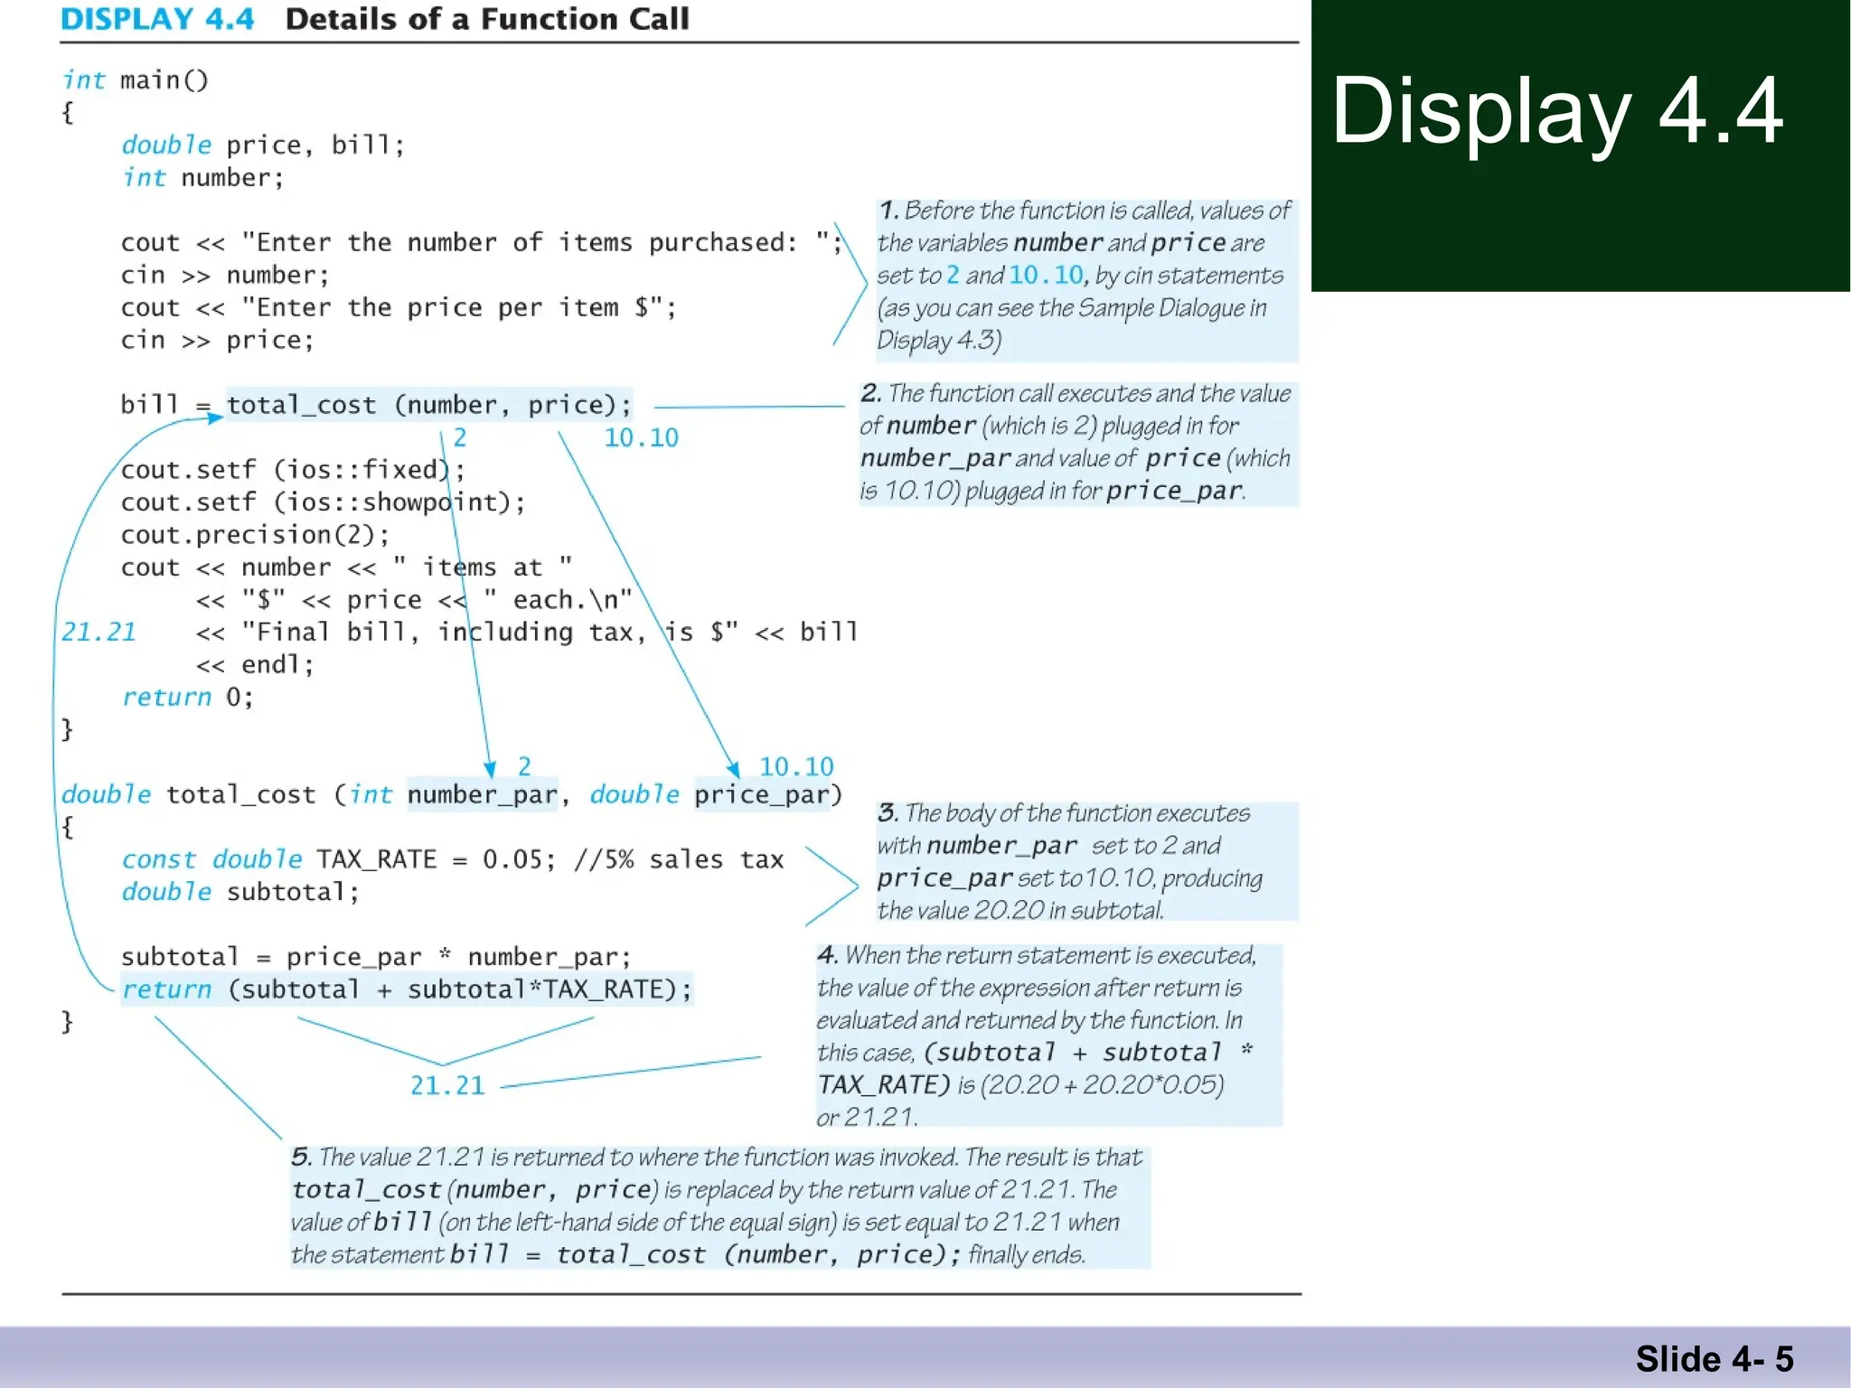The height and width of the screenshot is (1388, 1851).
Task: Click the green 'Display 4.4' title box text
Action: (1556, 112)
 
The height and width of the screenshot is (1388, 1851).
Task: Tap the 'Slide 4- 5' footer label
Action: (1714, 1358)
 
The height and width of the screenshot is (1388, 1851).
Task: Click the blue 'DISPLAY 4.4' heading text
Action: (157, 19)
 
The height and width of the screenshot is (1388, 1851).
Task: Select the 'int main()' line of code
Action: (136, 80)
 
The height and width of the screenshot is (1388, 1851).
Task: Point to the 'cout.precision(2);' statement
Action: (255, 535)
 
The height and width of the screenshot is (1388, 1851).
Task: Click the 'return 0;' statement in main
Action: (188, 697)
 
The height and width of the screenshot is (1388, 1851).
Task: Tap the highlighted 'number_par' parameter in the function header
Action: (482, 794)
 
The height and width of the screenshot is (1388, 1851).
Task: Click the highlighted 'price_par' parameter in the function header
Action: (762, 794)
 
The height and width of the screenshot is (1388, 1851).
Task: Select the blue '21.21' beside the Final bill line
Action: (99, 632)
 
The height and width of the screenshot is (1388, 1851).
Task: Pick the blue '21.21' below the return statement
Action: (447, 1085)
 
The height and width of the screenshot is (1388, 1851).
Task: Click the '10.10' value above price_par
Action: (795, 766)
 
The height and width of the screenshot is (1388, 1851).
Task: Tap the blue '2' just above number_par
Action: (524, 766)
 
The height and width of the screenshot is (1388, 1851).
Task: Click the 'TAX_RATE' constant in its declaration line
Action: (376, 859)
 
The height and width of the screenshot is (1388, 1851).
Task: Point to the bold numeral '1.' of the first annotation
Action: (888, 211)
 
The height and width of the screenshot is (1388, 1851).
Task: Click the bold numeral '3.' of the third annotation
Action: (888, 812)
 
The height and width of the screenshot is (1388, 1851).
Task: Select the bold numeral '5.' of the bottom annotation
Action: (301, 1157)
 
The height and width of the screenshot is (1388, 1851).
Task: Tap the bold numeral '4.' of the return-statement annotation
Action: (827, 955)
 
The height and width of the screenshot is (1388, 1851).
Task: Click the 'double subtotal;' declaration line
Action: (240, 892)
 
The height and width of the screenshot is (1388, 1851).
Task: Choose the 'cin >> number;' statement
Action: (225, 275)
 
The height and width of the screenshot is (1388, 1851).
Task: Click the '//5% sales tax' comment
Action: (678, 859)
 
